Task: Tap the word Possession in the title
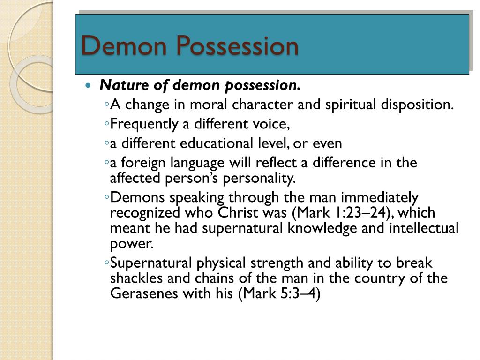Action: point(238,46)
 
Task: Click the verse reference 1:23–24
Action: point(357,213)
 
